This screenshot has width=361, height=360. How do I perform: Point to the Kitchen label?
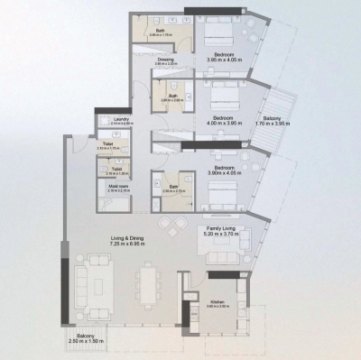point(217,301)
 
